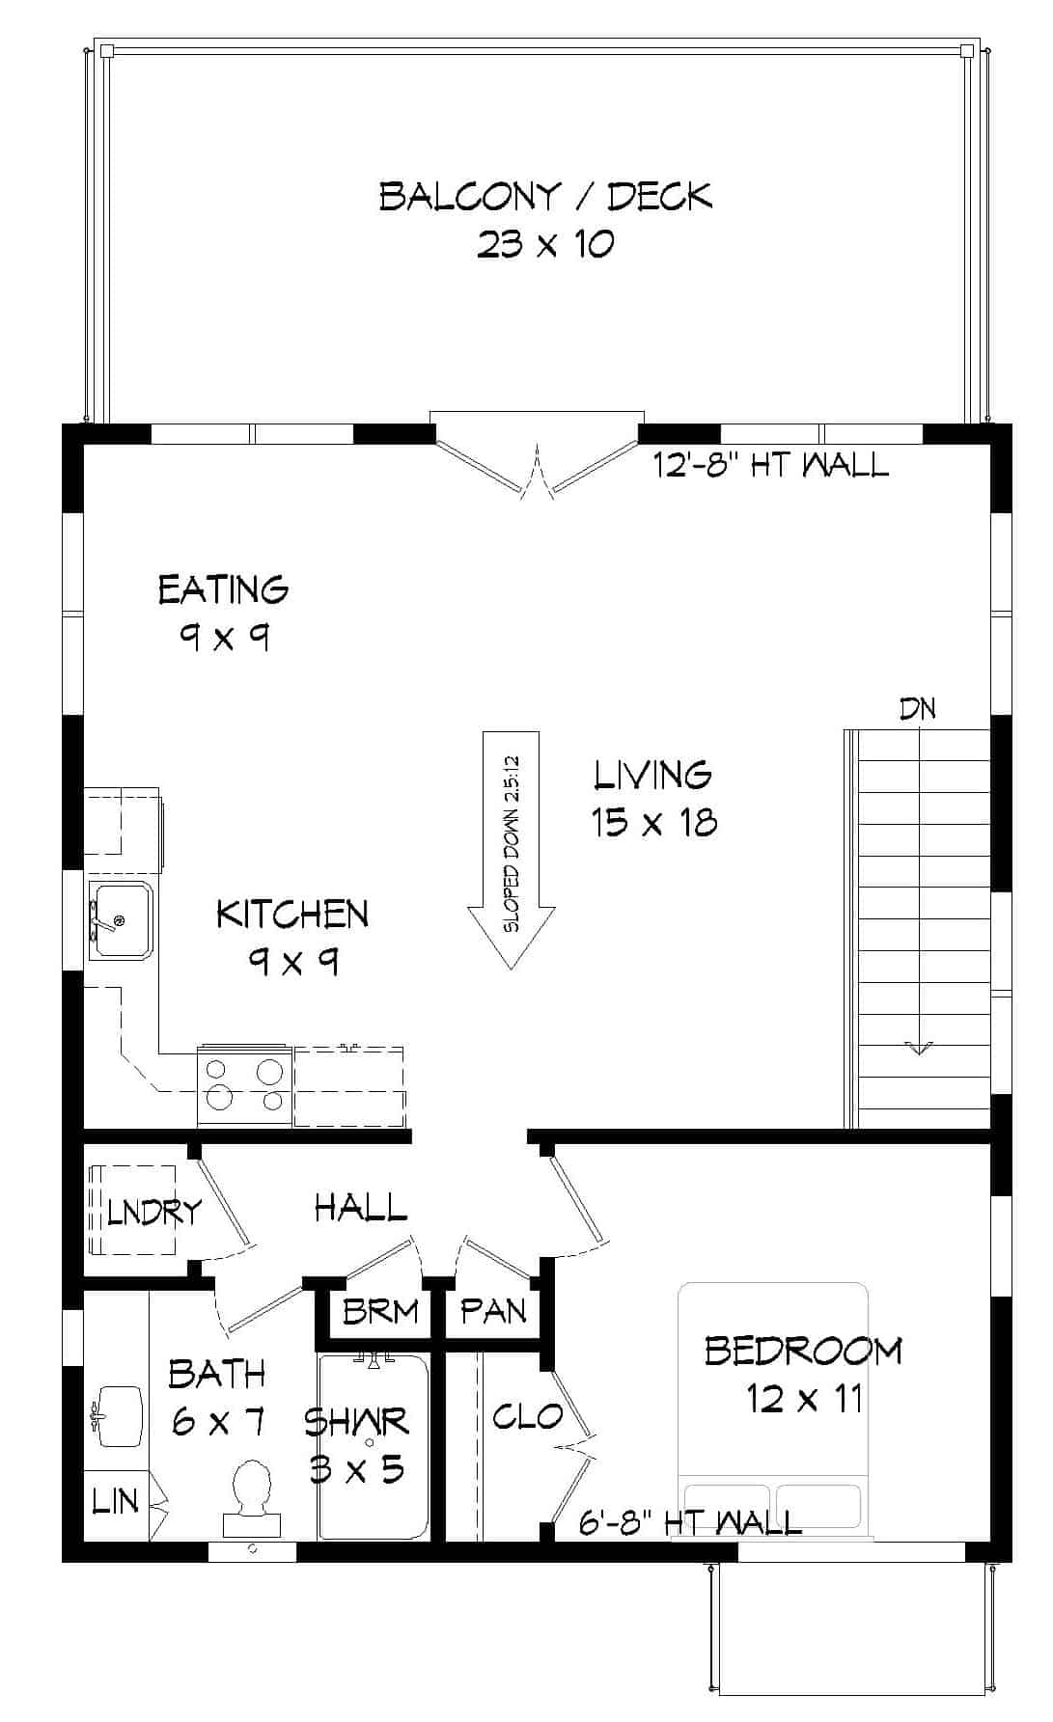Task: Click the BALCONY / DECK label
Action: [545, 197]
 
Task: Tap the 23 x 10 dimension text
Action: [545, 244]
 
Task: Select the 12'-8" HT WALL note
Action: [770, 466]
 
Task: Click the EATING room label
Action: [223, 589]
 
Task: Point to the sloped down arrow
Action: [512, 849]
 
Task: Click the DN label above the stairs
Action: [918, 709]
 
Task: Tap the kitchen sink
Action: [121, 920]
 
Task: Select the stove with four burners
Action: [245, 1085]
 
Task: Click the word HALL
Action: [361, 1207]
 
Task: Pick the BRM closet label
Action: [380, 1311]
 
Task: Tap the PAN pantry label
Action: [493, 1310]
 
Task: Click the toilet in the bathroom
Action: [253, 1496]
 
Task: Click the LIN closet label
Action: [114, 1501]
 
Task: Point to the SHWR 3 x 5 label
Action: [357, 1444]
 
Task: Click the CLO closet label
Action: [527, 1416]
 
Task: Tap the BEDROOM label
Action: [803, 1351]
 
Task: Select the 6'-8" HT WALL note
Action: [690, 1522]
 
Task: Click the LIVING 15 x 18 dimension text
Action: [653, 822]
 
